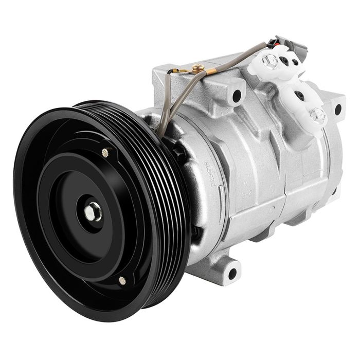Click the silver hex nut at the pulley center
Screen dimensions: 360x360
click(95, 212)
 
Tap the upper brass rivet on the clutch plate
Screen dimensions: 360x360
click(105, 152)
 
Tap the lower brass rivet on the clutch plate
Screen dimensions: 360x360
click(122, 280)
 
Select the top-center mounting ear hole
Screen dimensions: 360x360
click(237, 95)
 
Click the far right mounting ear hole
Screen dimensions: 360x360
click(338, 109)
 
